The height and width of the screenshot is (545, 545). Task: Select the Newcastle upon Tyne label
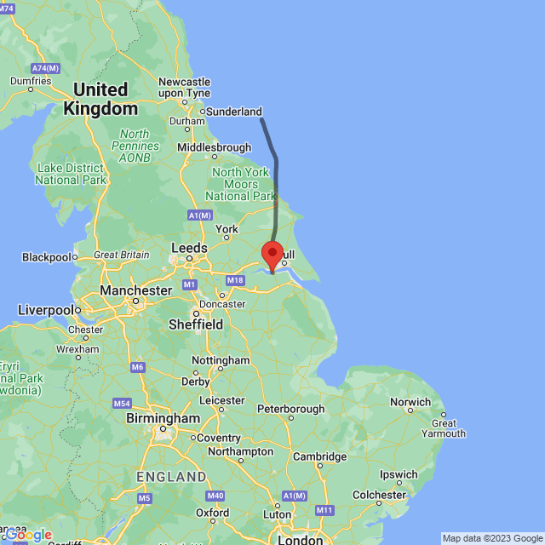point(185,87)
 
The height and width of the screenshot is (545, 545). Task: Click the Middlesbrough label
point(214,147)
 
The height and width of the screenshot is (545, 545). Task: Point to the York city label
point(227,229)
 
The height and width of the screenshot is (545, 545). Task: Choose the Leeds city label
point(189,248)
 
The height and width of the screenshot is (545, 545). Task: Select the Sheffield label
point(196,324)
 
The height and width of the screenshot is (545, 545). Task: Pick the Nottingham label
point(221,360)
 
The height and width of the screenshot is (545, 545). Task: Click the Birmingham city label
point(163,419)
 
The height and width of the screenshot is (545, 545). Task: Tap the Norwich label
point(411,402)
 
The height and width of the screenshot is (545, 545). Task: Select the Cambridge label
point(320,456)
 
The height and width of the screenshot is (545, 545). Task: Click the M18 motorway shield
point(236,280)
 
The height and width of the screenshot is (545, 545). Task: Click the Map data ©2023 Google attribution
point(492,538)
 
